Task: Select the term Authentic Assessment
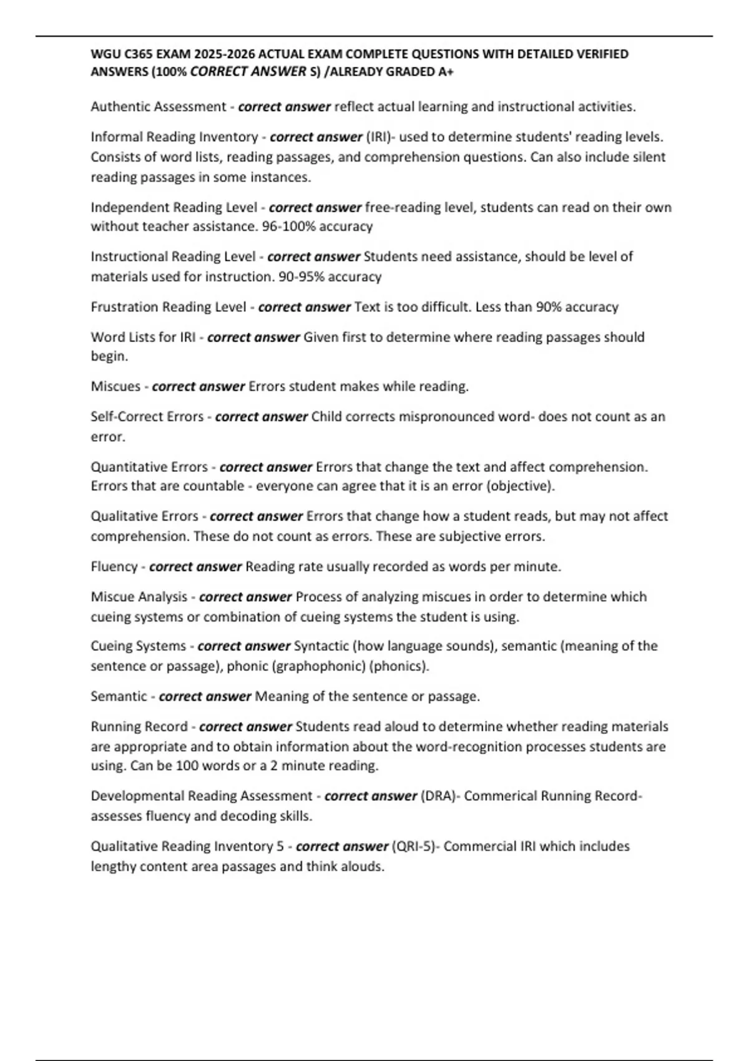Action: click(x=158, y=107)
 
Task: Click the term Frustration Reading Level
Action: click(x=168, y=307)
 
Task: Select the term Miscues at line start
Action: click(x=115, y=386)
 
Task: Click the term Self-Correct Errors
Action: click(x=147, y=416)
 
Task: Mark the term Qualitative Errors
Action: click(x=144, y=516)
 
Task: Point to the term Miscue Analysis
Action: click(x=139, y=597)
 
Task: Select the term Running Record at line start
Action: click(x=139, y=726)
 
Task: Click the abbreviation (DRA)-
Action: click(x=440, y=796)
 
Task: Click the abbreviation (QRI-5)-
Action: click(x=415, y=846)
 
